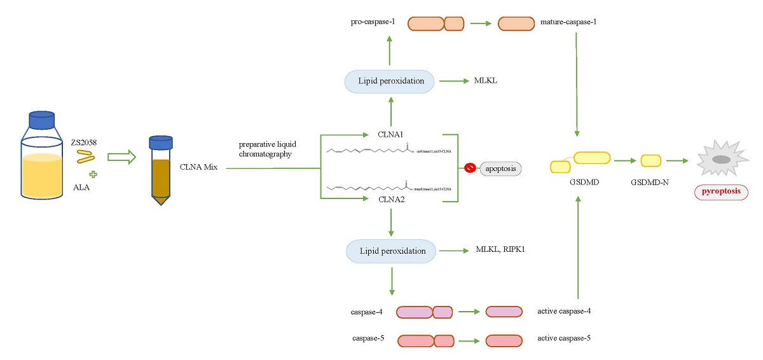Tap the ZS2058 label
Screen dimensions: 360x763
tap(86, 144)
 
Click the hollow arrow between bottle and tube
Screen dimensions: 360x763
tap(121, 157)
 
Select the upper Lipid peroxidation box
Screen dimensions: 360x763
tap(390, 81)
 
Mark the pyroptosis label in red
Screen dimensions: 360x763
tap(721, 191)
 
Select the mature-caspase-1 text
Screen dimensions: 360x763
tap(572, 22)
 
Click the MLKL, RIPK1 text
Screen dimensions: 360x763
tap(500, 250)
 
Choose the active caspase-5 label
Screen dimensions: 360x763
tap(564, 338)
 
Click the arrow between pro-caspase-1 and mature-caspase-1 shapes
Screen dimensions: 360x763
tap(481, 24)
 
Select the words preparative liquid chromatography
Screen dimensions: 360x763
tap(267, 149)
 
